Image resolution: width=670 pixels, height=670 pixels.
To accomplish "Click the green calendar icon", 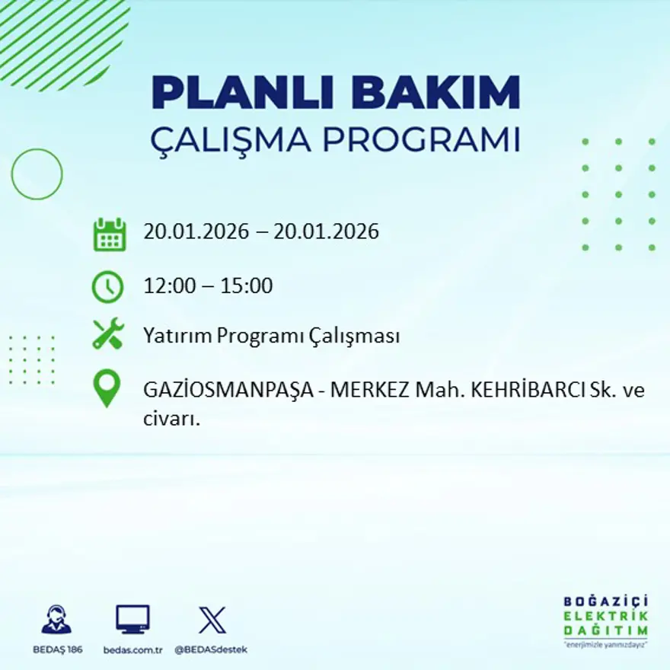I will click(x=109, y=234).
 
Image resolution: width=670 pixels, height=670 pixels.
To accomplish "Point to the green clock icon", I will click(x=107, y=287).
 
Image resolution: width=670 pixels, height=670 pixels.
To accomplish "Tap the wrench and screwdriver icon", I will click(x=107, y=334).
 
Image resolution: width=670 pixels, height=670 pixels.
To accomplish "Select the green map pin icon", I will click(x=107, y=388).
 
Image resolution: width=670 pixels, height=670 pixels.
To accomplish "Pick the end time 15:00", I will click(x=247, y=286).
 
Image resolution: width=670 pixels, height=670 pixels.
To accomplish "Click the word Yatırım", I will click(x=176, y=336).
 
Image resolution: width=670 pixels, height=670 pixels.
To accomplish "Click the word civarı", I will click(x=171, y=419).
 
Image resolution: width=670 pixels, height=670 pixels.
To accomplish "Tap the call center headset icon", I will click(x=56, y=620).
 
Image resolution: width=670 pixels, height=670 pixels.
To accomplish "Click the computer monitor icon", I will click(x=132, y=620).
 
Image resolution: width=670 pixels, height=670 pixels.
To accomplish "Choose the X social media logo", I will click(x=212, y=620).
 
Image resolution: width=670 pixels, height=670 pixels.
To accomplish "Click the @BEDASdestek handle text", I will click(x=211, y=649).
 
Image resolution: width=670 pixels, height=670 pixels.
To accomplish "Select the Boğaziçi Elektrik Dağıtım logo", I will click(x=606, y=620).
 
